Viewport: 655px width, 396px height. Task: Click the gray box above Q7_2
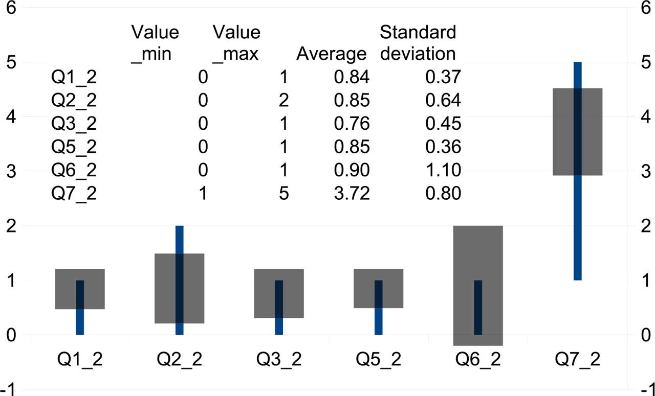(x=577, y=132)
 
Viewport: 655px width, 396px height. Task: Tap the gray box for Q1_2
(x=80, y=289)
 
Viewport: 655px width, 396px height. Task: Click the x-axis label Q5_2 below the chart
(x=379, y=359)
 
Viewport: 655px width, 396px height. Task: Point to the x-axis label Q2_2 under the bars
(x=179, y=359)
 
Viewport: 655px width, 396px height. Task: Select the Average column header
(x=332, y=54)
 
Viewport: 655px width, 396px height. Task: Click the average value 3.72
(x=352, y=194)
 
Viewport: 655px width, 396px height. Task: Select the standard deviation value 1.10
(x=443, y=170)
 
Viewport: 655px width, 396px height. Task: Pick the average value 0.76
(x=352, y=124)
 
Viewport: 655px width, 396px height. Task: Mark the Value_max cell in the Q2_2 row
(x=283, y=101)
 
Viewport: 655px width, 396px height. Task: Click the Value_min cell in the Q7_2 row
(x=203, y=194)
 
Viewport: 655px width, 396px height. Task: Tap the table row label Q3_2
(x=74, y=124)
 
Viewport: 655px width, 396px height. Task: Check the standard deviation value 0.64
(x=443, y=101)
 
